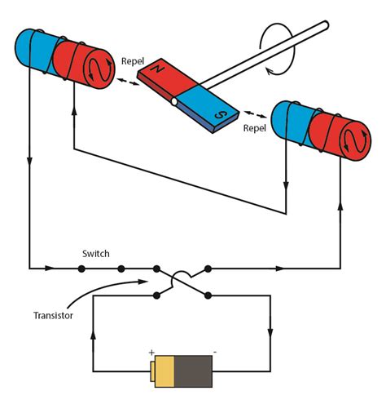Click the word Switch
click(x=95, y=254)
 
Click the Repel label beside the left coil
click(x=133, y=60)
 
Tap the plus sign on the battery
click(x=151, y=353)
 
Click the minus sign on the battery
click(x=214, y=353)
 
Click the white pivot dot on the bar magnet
click(x=173, y=101)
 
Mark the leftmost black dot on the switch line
click(x=81, y=268)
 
